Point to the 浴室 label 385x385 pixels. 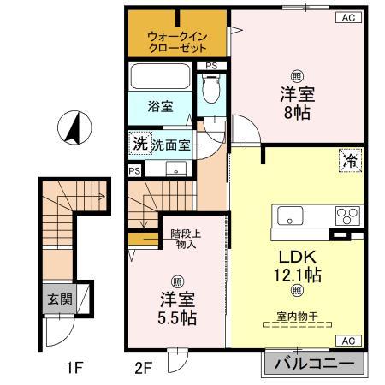(x=159, y=108)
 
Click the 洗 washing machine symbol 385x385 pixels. (x=139, y=144)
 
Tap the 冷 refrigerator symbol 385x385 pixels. (x=350, y=159)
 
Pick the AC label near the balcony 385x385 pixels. (x=348, y=341)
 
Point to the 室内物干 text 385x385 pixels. (x=298, y=317)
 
